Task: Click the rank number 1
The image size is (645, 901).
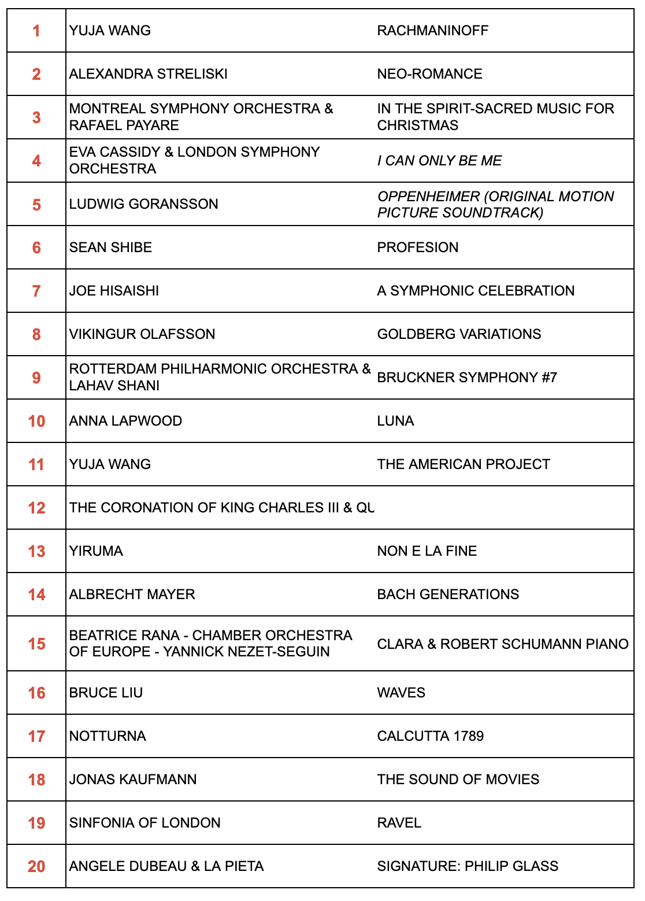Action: [36, 31]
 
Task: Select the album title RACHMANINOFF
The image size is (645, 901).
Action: [432, 31]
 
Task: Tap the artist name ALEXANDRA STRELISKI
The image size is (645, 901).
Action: [148, 74]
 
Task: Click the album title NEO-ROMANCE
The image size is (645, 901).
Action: [429, 74]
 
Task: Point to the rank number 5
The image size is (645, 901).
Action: [36, 205]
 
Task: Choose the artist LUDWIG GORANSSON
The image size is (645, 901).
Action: [143, 204]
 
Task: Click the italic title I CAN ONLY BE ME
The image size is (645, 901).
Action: [439, 161]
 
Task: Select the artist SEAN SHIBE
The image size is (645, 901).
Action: [110, 248]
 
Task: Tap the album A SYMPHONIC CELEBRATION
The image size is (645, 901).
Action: [476, 291]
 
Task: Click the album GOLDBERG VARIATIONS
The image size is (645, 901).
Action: [459, 334]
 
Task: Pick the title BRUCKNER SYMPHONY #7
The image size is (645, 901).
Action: [467, 378]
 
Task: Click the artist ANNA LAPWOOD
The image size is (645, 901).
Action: [125, 421]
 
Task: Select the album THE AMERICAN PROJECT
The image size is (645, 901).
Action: [464, 464]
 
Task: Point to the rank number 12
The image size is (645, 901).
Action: [36, 508]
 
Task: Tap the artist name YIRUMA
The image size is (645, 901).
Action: [96, 551]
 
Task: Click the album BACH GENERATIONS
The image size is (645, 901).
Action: [448, 594]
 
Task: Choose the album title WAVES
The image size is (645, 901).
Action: [401, 693]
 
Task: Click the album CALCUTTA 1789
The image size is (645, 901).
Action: [431, 736]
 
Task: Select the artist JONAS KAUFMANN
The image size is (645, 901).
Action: [133, 780]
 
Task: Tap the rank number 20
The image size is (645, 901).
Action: [36, 867]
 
